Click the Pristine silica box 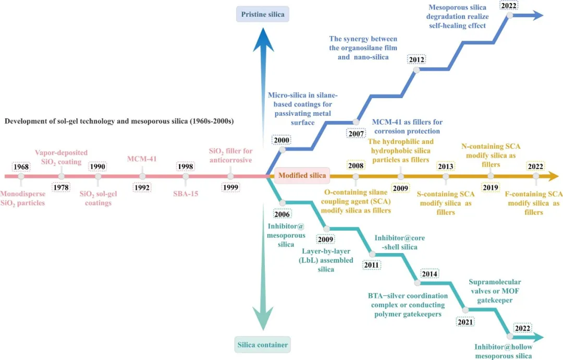tap(262, 15)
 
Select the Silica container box tap(262, 345)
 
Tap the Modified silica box tap(302, 176)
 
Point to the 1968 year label tap(21, 167)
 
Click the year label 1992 tap(142, 187)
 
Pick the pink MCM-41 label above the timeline tap(142, 159)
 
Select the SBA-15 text tap(186, 194)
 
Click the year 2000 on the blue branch tap(281, 140)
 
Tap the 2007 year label tap(356, 134)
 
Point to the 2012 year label tap(417, 59)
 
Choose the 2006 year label tap(282, 214)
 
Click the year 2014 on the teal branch tap(430, 274)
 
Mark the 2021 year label tap(466, 322)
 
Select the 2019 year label tap(491, 187)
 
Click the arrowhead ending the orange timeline tap(553, 176)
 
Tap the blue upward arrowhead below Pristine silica tap(263, 40)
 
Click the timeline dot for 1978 tap(62, 176)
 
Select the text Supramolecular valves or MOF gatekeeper tap(495, 291)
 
